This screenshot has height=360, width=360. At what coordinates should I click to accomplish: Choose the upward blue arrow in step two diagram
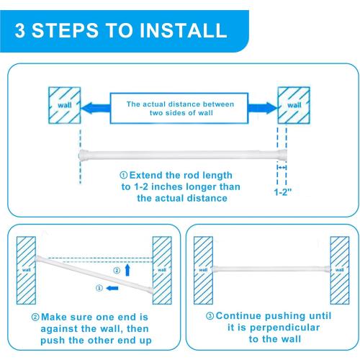(x=127, y=269)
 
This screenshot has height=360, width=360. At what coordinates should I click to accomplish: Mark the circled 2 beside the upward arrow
(x=116, y=271)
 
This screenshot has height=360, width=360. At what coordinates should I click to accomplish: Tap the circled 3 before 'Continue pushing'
(x=210, y=315)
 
